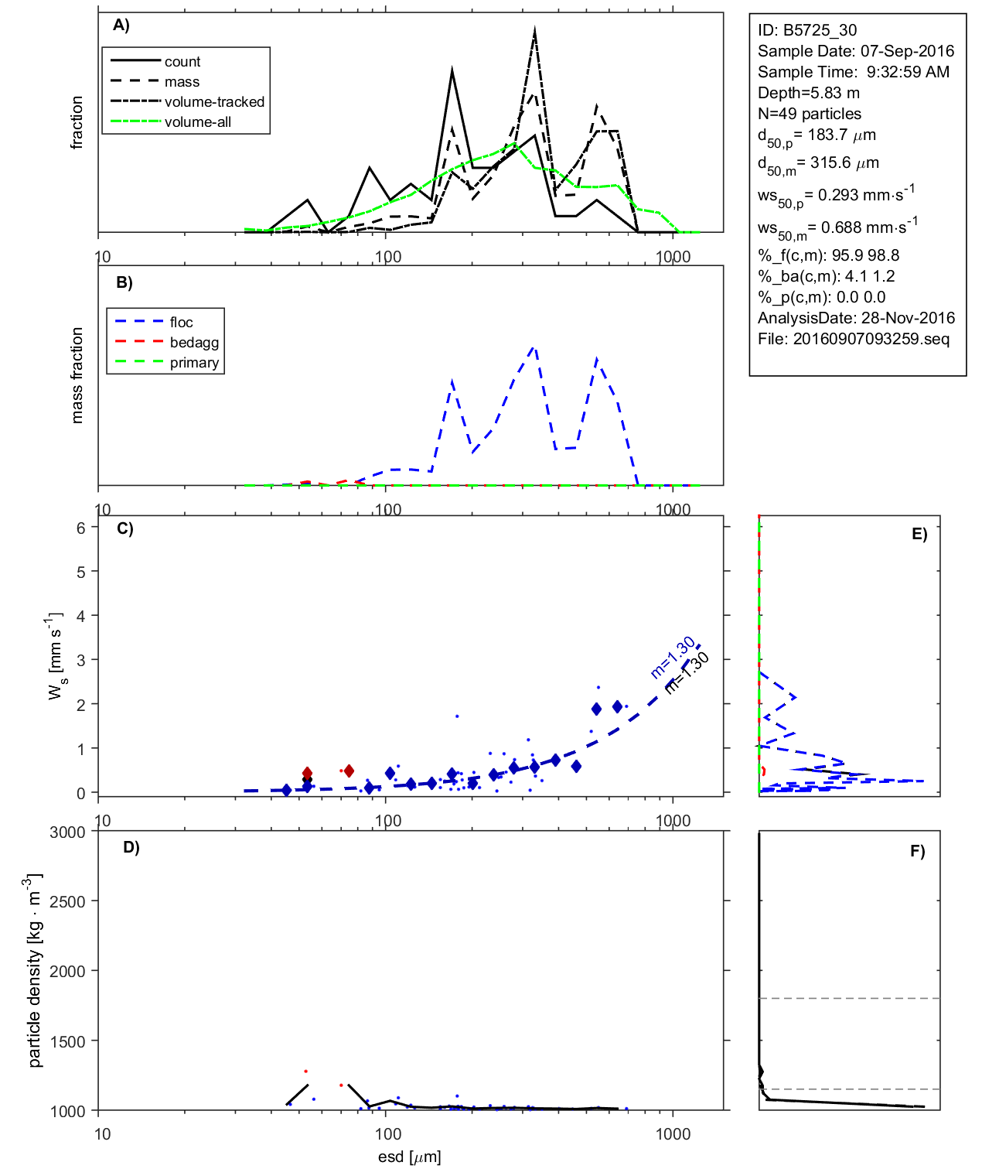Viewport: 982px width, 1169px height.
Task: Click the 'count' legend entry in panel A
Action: tap(182, 62)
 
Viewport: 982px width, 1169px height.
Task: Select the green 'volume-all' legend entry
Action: tap(197, 122)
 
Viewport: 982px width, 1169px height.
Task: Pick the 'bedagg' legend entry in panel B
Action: tap(194, 343)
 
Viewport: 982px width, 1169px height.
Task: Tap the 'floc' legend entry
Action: tap(181, 323)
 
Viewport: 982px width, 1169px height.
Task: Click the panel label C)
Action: tap(124, 529)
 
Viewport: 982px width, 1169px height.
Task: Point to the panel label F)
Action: tap(917, 852)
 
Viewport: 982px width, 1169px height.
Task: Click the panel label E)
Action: tap(919, 535)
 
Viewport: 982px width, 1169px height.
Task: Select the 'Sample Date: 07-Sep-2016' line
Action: tap(855, 51)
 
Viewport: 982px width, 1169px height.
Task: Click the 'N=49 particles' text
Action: tap(809, 114)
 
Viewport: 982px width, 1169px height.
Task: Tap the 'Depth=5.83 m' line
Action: tap(808, 93)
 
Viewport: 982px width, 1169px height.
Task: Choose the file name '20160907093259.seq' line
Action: tap(853, 339)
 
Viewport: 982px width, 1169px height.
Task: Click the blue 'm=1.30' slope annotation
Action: tap(672, 658)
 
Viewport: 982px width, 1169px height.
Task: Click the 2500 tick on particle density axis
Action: tap(67, 902)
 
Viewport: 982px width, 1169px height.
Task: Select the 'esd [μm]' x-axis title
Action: tap(409, 1157)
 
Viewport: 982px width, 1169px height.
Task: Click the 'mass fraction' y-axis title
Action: tap(77, 375)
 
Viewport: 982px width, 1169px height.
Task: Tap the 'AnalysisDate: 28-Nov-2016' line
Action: tap(856, 318)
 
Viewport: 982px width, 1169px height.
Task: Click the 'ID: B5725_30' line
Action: tap(806, 30)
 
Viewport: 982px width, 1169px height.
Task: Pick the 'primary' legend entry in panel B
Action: tap(194, 363)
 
